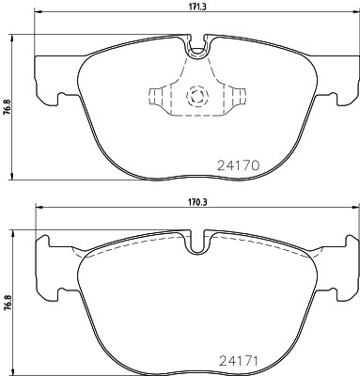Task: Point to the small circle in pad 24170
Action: (196, 96)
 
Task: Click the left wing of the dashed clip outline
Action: (157, 97)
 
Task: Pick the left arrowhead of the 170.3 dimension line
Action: (39, 208)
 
